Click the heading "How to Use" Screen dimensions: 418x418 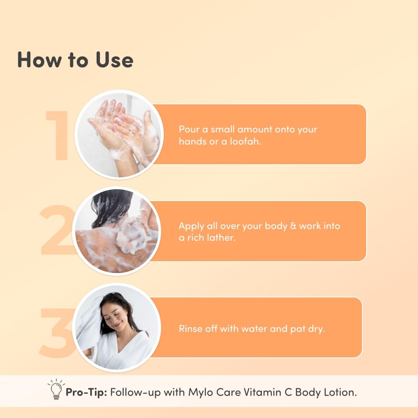tap(75, 60)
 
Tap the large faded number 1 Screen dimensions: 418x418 tap(59, 136)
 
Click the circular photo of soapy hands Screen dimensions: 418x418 tap(119, 134)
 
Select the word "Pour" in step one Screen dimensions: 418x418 tap(189, 129)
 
